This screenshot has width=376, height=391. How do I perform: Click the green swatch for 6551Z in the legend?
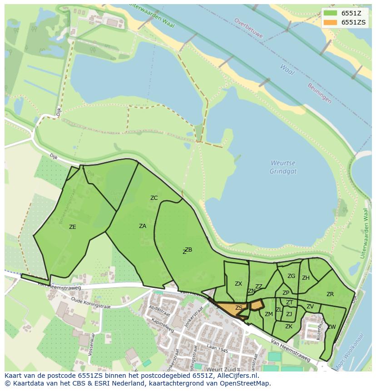coord(331,13)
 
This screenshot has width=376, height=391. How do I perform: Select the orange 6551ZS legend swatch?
coord(331,22)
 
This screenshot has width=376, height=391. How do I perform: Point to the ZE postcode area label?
coord(72,227)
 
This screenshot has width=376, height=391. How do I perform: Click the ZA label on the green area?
coord(143,226)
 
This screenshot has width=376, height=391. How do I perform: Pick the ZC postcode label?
coord(154,198)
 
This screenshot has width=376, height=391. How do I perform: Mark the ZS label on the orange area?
coord(238,308)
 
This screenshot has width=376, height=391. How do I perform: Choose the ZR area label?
coord(330,294)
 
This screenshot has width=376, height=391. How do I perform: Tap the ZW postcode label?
coord(331,327)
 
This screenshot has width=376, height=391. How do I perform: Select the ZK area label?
coord(289,326)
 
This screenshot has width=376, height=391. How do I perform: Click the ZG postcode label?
coord(291,276)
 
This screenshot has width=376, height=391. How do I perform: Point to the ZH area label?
coord(306,278)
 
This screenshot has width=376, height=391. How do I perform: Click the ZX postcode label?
coord(238,283)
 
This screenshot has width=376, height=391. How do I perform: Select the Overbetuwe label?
coord(249,27)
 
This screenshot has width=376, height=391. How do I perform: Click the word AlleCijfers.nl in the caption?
coord(236,376)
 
